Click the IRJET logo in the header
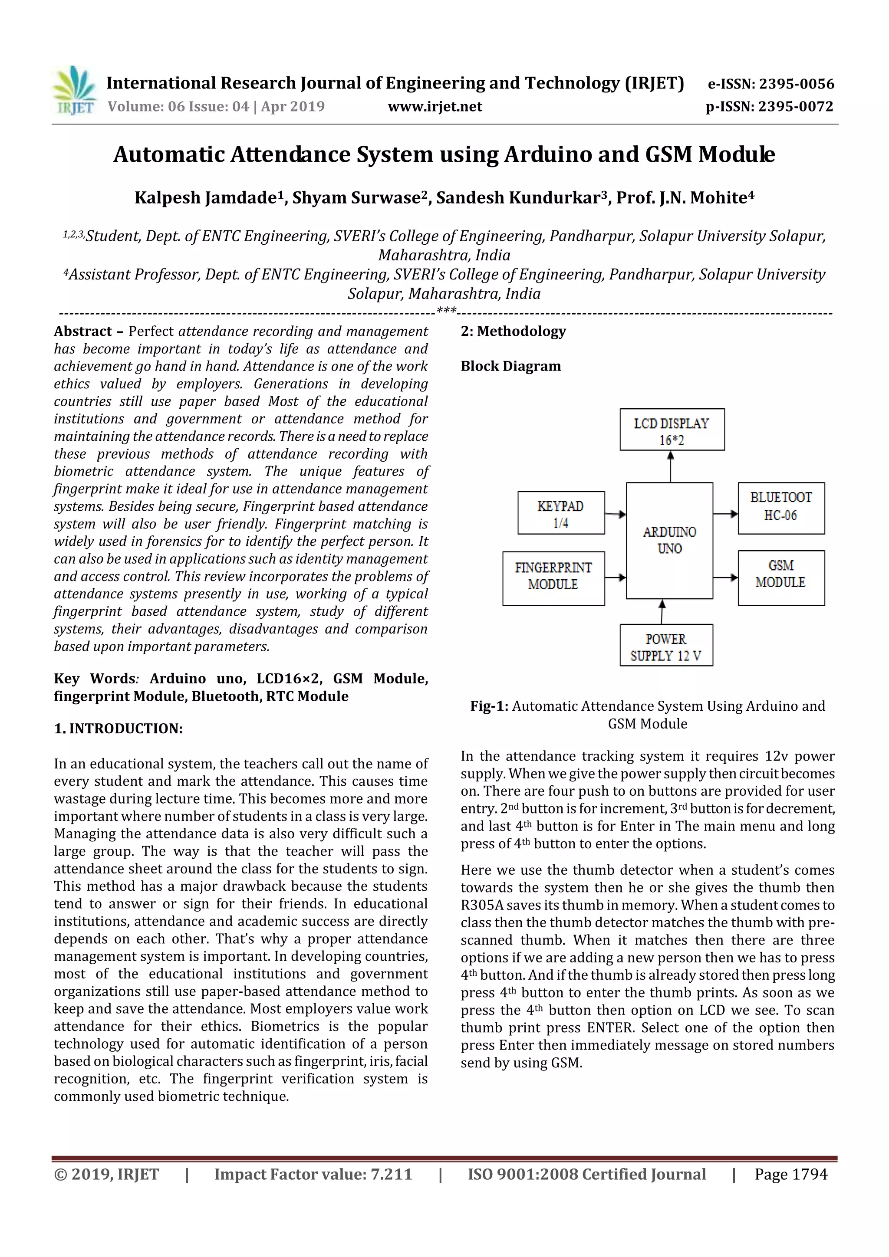74,90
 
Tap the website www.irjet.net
435,106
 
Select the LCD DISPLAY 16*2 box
672,430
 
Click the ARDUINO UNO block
669,540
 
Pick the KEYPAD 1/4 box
561,513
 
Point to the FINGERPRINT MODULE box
553,578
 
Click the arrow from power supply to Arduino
662,611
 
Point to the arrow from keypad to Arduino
616,514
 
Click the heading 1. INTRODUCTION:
119,729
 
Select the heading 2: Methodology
513,331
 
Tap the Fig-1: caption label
489,706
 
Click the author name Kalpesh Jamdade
205,197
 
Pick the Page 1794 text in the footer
790,1174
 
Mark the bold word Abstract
83,331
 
